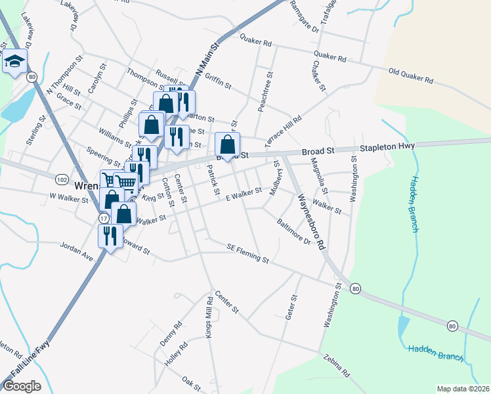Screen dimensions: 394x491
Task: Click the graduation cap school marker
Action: click(14, 62)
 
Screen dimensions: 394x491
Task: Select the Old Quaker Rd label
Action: click(411, 76)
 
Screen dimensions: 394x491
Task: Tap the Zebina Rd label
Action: click(336, 366)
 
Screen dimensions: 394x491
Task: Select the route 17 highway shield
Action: click(104, 217)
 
